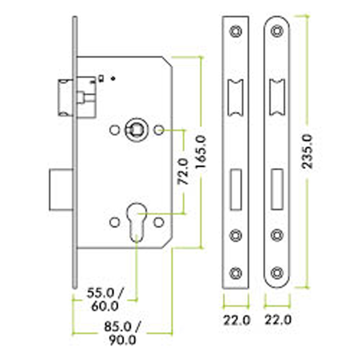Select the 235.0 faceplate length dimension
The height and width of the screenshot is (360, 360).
[307, 152]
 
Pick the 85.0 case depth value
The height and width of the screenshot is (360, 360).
[118, 327]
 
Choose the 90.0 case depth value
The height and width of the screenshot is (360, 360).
[122, 340]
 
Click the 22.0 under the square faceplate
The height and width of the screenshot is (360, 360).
[237, 320]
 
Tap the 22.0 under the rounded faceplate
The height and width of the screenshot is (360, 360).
[278, 320]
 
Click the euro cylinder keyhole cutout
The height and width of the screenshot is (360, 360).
[136, 222]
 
